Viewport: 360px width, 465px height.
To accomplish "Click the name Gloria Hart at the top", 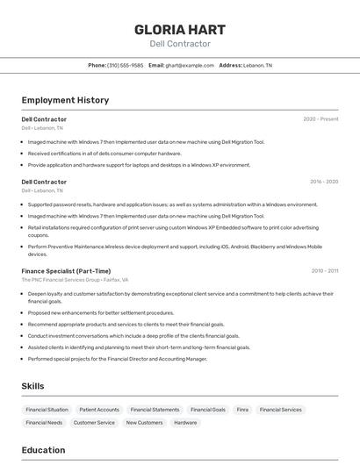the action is pos(180,29).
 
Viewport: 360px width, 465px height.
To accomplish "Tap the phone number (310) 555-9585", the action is pos(125,65).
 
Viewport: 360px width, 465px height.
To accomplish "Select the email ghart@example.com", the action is pos(190,65).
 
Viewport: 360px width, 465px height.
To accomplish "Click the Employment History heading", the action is pos(65,100).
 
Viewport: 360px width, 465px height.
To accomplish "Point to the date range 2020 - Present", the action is pos(320,118).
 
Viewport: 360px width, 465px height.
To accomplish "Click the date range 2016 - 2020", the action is pos(324,182).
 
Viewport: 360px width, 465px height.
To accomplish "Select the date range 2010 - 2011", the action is pos(324,271).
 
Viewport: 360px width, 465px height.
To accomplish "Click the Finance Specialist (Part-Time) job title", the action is pos(66,271).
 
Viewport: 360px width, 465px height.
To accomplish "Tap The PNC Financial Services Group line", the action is pos(75,280).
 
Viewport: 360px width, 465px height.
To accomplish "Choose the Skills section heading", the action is pos(32,386).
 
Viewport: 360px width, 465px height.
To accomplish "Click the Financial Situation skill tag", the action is pos(47,410).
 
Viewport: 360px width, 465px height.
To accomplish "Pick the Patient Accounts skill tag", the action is pos(99,410).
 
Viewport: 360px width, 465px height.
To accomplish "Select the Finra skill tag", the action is pos(242,410).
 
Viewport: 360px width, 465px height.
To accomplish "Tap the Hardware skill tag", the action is pos(185,423).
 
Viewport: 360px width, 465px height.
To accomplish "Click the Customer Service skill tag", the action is pos(94,423).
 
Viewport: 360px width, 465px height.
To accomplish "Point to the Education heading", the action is pos(43,450).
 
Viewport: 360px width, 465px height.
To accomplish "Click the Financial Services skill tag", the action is pos(280,410).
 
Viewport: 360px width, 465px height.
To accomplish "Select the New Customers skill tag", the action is pos(144,423).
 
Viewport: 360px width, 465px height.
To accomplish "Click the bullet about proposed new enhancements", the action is pos(100,312).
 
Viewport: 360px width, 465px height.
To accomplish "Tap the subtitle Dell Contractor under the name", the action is pos(180,44).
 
